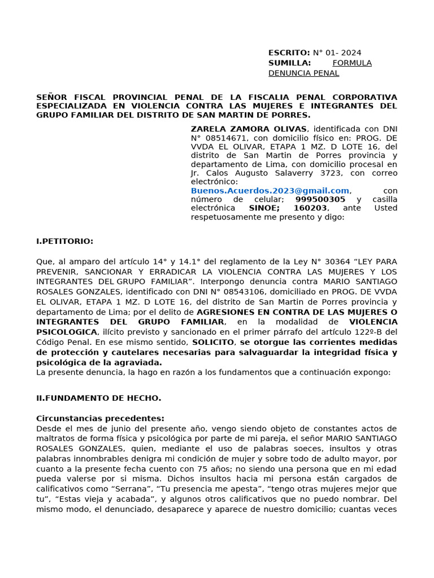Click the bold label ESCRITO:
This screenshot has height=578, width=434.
(289, 52)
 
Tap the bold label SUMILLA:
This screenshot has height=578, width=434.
(289, 63)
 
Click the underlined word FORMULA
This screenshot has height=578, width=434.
(352, 63)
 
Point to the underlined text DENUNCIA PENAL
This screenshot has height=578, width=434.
(303, 73)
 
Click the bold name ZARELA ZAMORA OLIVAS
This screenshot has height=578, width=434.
(249, 129)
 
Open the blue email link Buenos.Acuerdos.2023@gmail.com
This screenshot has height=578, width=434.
(270, 191)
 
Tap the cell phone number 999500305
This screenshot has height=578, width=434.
(320, 199)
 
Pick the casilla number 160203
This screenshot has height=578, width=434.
(310, 208)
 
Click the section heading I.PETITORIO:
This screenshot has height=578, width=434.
(64, 241)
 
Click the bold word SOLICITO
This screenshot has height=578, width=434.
(212, 342)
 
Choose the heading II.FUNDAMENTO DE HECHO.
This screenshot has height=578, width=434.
(98, 398)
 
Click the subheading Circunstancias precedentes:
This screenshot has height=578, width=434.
(100, 418)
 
